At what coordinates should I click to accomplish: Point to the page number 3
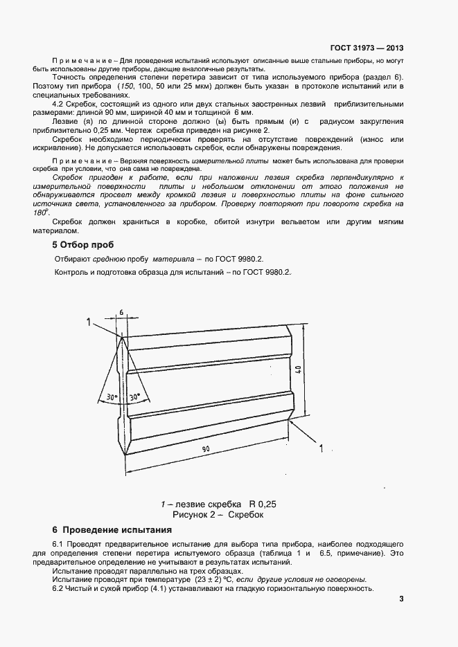pos(401,599)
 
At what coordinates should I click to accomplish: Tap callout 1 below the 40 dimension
pos(320,449)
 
